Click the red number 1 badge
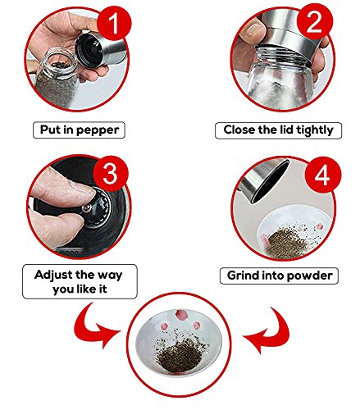click(x=114, y=23)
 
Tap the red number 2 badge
click(x=315, y=21)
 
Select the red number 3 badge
click(x=111, y=173)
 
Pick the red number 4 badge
click(x=323, y=175)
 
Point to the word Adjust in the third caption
click(x=52, y=276)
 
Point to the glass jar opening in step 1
click(x=59, y=63)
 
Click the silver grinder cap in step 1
click(x=98, y=49)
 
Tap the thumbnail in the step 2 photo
click(x=253, y=29)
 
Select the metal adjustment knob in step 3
click(x=87, y=208)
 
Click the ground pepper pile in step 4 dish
click(x=285, y=243)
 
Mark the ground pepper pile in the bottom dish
click(x=179, y=355)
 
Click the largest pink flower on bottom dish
click(x=180, y=315)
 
